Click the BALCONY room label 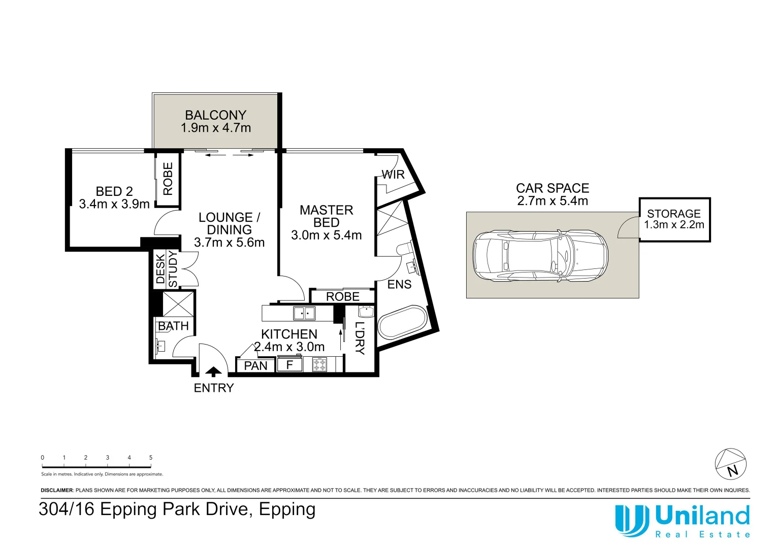(x=215, y=115)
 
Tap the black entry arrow (x=213, y=371)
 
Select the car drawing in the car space (x=540, y=255)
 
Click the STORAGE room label (x=674, y=214)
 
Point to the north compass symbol (x=731, y=464)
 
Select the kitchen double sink (x=304, y=313)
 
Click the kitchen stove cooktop (x=319, y=365)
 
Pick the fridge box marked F (x=289, y=364)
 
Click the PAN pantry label (x=255, y=365)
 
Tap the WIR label (x=393, y=175)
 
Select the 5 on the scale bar (x=151, y=457)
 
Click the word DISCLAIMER (x=57, y=490)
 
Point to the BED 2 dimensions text (x=114, y=204)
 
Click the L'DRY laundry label (x=360, y=338)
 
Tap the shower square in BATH (x=178, y=304)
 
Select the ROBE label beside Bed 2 (x=168, y=179)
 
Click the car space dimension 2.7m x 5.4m (x=553, y=201)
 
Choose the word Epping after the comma (x=287, y=510)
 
